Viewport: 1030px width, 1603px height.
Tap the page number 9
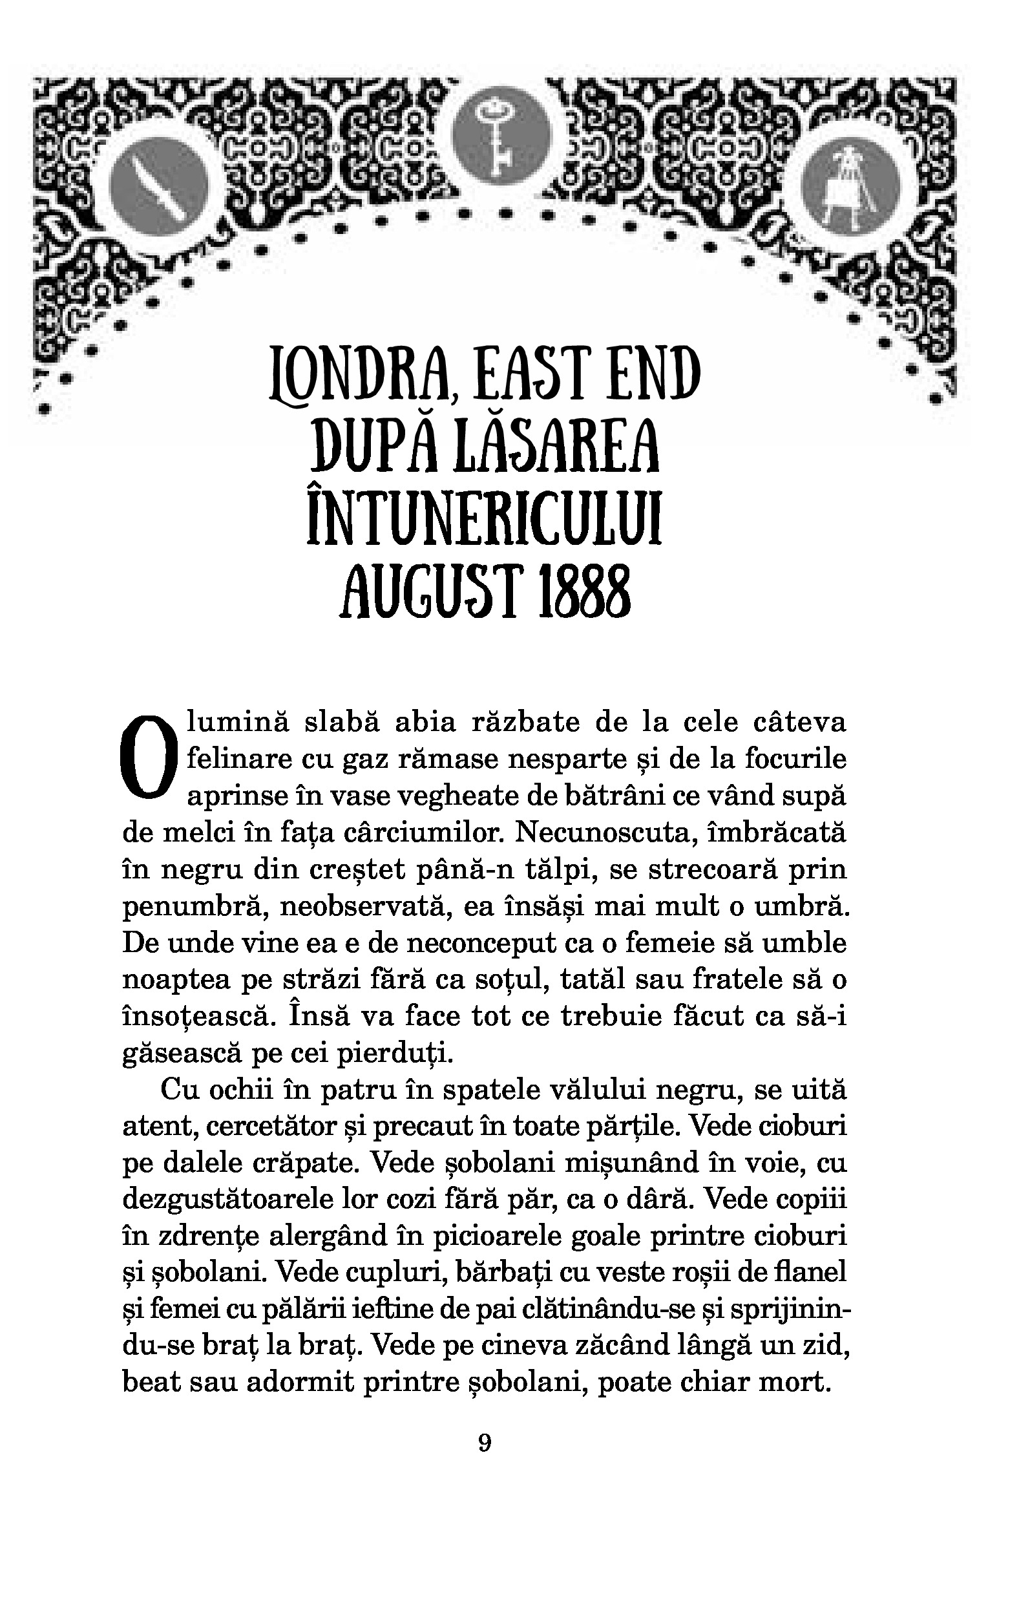tap(485, 1443)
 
